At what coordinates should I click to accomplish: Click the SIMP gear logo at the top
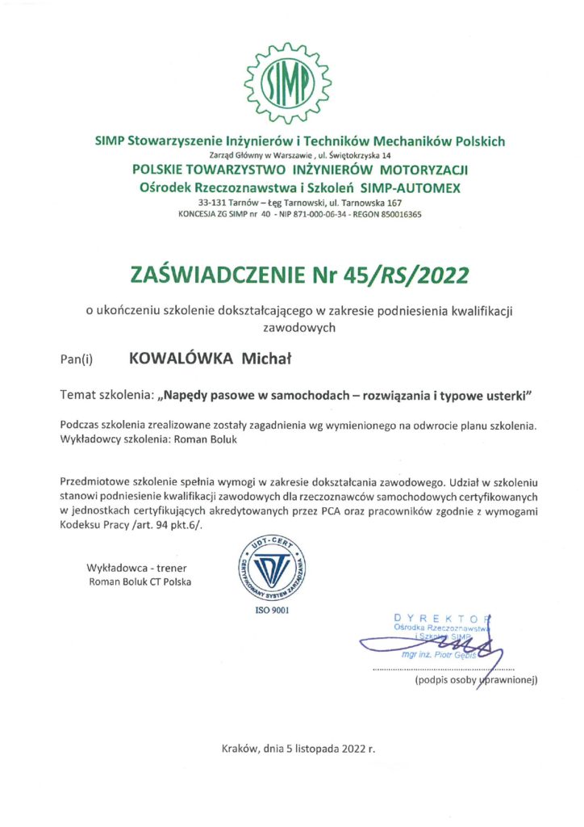[290, 78]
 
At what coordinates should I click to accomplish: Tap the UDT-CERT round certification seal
[271, 563]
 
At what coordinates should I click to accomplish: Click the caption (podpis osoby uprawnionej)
[475, 681]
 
